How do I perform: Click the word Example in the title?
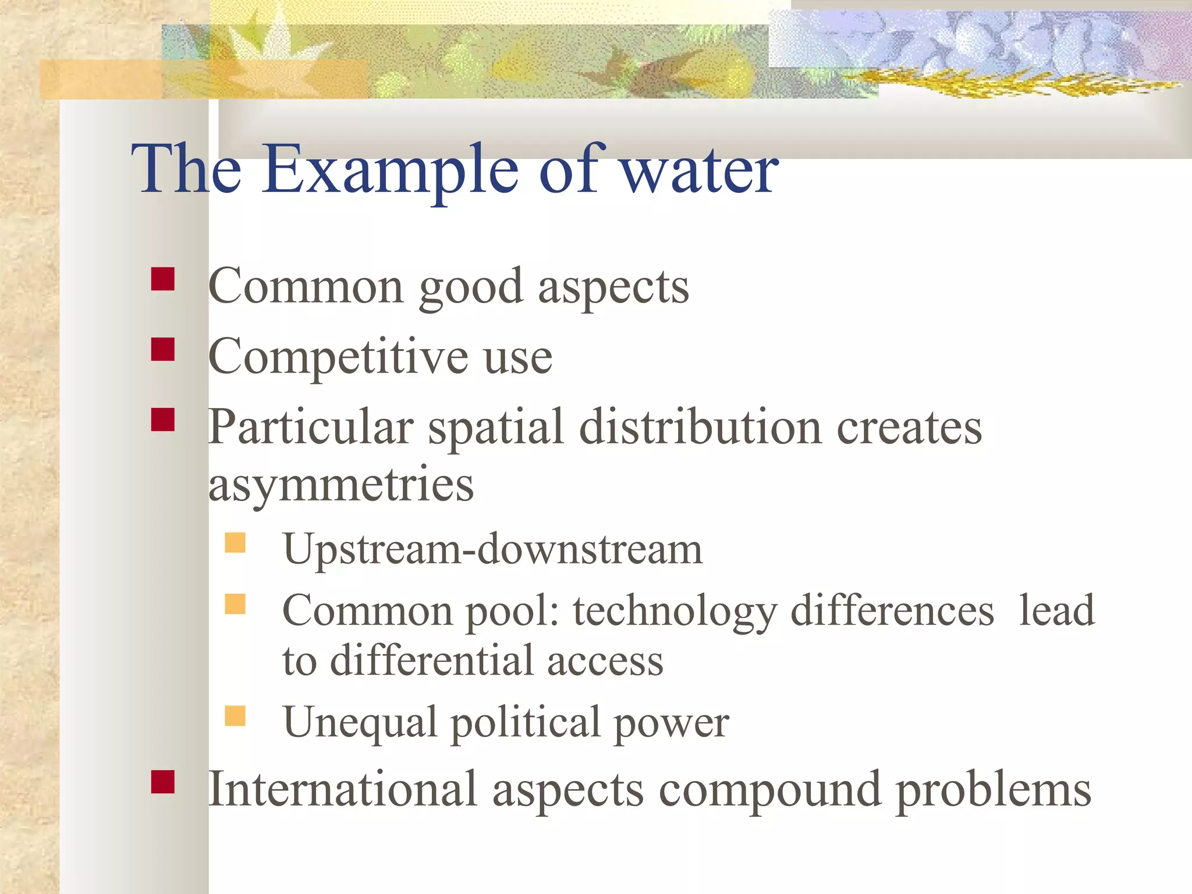coord(389,170)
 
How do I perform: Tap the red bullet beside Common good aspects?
coord(163,279)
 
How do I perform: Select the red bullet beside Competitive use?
coord(163,350)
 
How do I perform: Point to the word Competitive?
coord(338,357)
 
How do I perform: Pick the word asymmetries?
coord(341,485)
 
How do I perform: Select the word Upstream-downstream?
coord(492,549)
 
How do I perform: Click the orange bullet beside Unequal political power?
coord(235,715)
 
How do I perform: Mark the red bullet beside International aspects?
coord(163,782)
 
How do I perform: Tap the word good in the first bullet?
coord(470,287)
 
